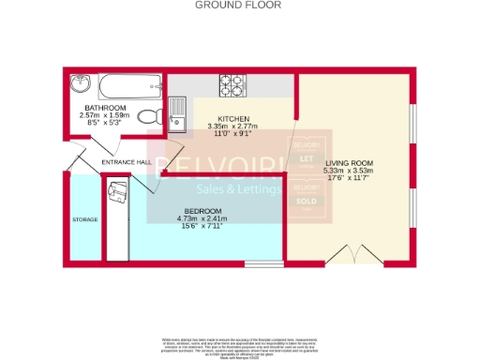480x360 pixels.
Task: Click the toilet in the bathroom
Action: pos(147,116)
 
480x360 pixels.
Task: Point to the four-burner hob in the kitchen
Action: pos(232,85)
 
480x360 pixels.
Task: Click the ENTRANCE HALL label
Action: pos(126,162)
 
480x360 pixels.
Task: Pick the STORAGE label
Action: pos(84,219)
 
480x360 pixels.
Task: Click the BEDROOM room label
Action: pos(203,210)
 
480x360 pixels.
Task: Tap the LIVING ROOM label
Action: pos(348,162)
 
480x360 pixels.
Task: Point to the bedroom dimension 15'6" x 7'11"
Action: pos(203,226)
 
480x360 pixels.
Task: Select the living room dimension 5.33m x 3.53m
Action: pos(348,171)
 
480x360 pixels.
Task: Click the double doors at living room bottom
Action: pos(348,254)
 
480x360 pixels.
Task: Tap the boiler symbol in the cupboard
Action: pos(118,193)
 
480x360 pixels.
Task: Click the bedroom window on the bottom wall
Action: pos(256,263)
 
